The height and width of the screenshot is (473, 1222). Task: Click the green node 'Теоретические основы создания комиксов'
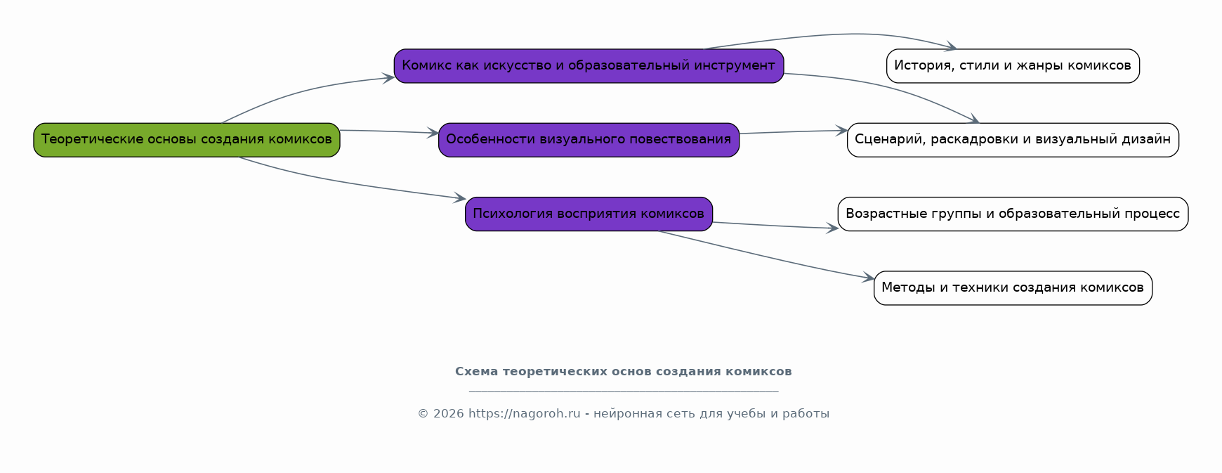pyautogui.click(x=186, y=140)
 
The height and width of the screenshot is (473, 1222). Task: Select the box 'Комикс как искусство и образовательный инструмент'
pyautogui.click(x=589, y=66)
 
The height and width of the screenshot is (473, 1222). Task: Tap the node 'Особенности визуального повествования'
pyautogui.click(x=589, y=140)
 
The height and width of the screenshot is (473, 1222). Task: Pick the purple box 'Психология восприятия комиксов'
pyautogui.click(x=589, y=214)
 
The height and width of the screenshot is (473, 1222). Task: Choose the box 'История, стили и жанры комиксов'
pyautogui.click(x=1013, y=66)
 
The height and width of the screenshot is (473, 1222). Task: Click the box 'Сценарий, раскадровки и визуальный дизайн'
pyautogui.click(x=1013, y=140)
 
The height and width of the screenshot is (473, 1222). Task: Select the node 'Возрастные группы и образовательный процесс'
pyautogui.click(x=1013, y=214)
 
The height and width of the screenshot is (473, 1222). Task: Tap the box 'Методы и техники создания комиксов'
pyautogui.click(x=1013, y=288)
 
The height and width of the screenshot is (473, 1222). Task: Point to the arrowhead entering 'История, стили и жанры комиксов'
pyautogui.click(x=952, y=48)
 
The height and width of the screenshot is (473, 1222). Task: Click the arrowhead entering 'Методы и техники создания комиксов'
pyautogui.click(x=869, y=279)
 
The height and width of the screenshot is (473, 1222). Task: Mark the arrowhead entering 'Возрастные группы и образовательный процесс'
pyautogui.click(x=833, y=228)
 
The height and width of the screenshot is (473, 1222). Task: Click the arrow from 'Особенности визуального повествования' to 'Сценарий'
pyautogui.click(x=794, y=132)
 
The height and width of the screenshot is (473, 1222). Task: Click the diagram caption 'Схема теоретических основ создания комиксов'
pyautogui.click(x=623, y=372)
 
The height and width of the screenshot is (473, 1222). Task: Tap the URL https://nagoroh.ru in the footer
pyautogui.click(x=524, y=414)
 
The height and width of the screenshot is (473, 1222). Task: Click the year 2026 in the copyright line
pyautogui.click(x=448, y=414)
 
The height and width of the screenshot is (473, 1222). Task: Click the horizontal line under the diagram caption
pyautogui.click(x=623, y=391)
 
